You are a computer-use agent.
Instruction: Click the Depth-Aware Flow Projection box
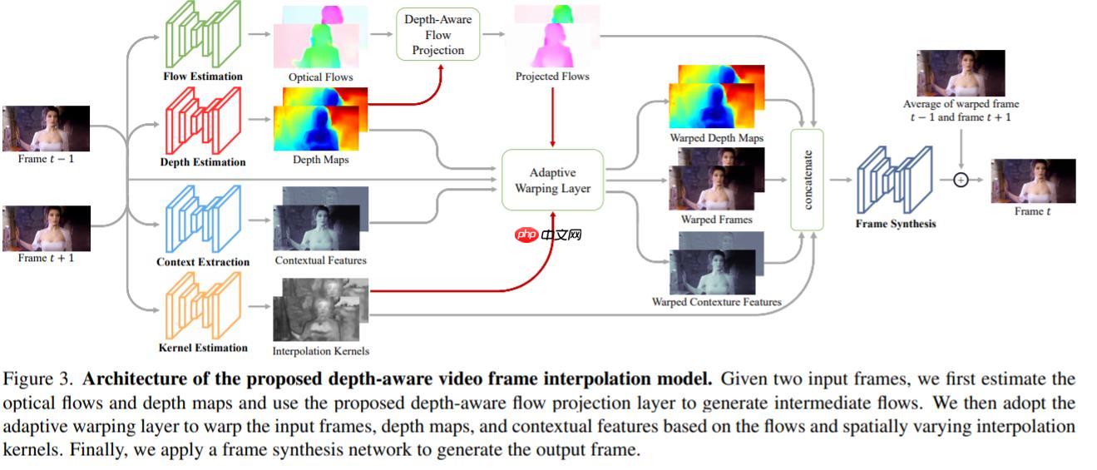pos(438,34)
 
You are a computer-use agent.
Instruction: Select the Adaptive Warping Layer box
pos(552,181)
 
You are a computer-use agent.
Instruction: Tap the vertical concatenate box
pos(807,180)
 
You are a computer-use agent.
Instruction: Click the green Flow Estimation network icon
pos(203,36)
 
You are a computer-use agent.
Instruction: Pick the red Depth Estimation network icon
pos(203,121)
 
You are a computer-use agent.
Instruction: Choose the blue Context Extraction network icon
pos(203,220)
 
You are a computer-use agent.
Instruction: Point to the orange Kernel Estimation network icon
pos(203,305)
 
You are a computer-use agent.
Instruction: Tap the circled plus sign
pos(961,179)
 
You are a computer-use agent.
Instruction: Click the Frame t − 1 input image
pos(46,128)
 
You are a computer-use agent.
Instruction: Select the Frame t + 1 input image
pos(46,228)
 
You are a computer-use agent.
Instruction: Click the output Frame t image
pos(1033,181)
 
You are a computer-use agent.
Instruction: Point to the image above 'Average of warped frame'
pos(961,73)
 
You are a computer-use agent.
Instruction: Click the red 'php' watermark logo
pos(527,235)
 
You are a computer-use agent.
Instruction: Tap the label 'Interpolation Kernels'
pos(320,351)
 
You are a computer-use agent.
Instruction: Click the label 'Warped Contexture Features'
pos(716,302)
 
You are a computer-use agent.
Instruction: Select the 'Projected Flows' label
pos(552,77)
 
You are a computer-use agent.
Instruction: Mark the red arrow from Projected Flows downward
pos(552,116)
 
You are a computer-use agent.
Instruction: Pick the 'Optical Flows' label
pos(320,77)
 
